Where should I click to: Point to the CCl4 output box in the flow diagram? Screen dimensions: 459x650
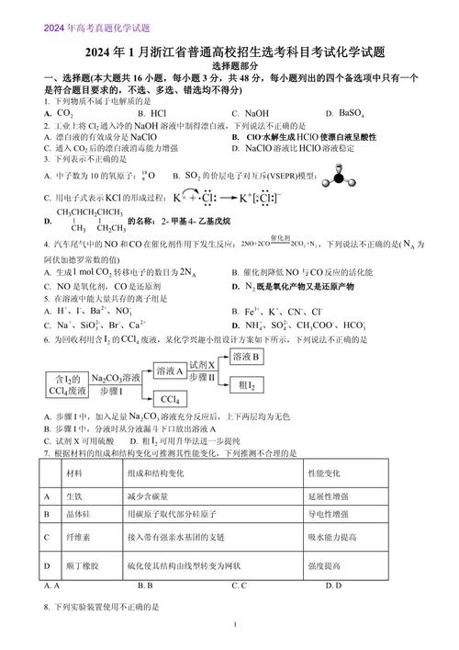point(169,399)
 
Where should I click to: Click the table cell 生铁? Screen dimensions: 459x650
point(74,496)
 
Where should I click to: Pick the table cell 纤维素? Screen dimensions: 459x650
point(77,536)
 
